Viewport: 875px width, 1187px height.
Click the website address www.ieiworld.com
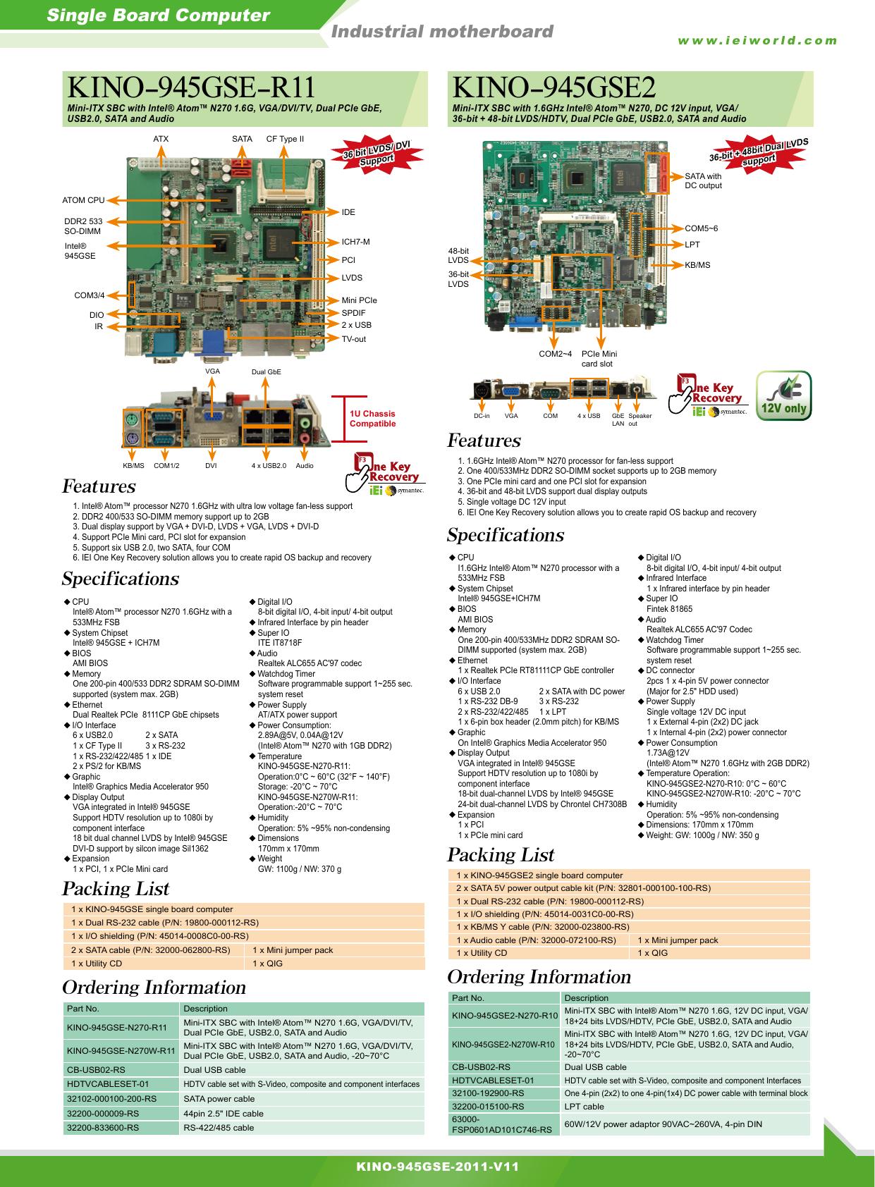[757, 41]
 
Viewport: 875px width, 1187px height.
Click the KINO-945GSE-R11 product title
[191, 87]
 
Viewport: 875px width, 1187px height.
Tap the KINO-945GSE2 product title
[553, 87]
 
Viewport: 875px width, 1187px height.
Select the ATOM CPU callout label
[84, 200]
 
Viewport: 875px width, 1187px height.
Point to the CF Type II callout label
[285, 139]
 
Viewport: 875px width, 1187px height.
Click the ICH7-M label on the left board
[355, 242]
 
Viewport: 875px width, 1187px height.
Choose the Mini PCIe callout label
[360, 300]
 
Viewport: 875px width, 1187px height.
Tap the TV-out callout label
[353, 339]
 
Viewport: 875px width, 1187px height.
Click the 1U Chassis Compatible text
[372, 419]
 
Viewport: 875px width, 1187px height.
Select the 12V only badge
[784, 396]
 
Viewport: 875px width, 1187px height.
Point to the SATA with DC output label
[703, 180]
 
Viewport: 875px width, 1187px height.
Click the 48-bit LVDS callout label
[458, 255]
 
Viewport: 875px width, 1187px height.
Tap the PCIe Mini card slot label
[599, 359]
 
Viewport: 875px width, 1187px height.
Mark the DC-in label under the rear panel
[482, 416]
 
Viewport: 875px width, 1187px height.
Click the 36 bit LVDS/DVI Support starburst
[377, 153]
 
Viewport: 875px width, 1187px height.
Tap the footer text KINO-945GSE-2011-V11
[438, 1167]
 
